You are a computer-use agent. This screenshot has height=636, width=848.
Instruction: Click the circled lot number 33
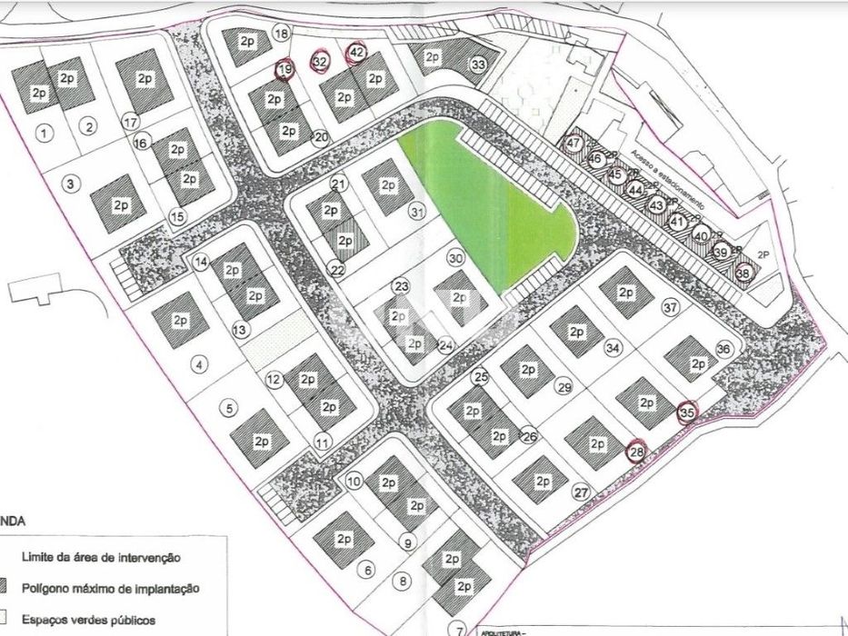[478, 65]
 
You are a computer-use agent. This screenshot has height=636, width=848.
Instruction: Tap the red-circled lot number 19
[285, 69]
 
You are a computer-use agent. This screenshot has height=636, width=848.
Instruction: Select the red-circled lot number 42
[356, 53]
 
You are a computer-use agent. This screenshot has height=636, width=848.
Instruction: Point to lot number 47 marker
[574, 143]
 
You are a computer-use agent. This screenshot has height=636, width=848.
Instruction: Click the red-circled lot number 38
[743, 271]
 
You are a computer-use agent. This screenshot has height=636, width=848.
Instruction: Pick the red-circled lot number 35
[687, 412]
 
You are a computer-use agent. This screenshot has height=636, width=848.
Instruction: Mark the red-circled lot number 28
[636, 450]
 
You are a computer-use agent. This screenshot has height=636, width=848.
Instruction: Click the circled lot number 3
[69, 183]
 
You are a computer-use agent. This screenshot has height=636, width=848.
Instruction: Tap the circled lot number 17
[131, 122]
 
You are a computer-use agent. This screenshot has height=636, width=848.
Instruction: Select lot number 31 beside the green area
[417, 212]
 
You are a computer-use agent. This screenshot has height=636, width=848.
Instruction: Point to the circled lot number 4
[201, 365]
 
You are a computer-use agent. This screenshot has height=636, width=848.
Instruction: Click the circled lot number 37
[671, 308]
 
